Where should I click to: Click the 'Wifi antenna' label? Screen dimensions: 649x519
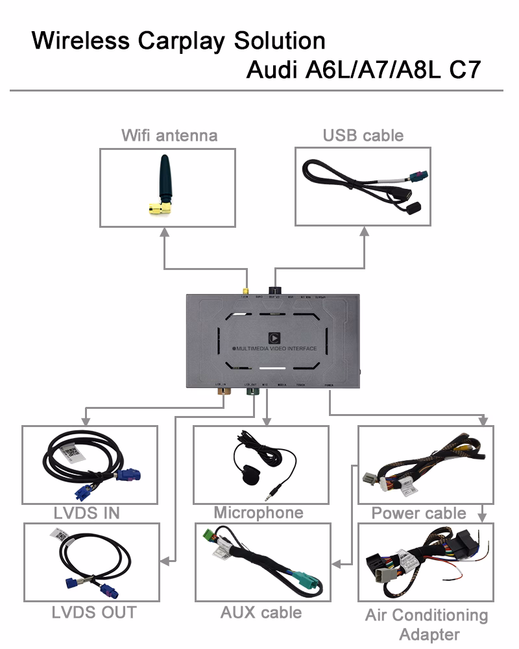pyautogui.click(x=169, y=135)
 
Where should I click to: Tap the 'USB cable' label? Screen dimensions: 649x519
pyautogui.click(x=363, y=135)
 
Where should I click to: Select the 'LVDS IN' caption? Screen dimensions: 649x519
pyautogui.click(x=86, y=513)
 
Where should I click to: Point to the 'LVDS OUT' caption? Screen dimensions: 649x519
pyautogui.click(x=94, y=611)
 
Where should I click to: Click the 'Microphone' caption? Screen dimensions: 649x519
pyautogui.click(x=258, y=513)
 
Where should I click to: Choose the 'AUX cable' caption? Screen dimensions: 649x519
pyautogui.click(x=261, y=612)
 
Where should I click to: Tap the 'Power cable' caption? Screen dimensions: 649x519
pyautogui.click(x=418, y=513)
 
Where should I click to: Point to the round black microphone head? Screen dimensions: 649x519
pyautogui.click(x=248, y=475)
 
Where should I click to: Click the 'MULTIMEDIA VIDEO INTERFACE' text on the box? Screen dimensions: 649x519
pyautogui.click(x=278, y=349)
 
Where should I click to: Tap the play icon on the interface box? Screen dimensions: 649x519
pyautogui.click(x=273, y=337)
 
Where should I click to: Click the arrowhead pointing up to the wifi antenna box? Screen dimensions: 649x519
pyautogui.click(x=164, y=232)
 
